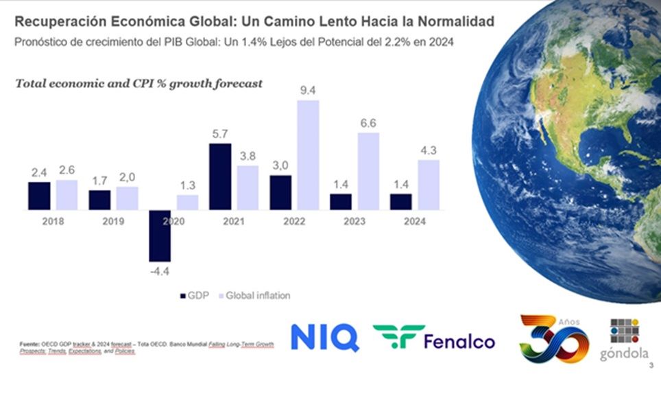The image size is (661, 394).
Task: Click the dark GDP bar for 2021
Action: click(220, 176)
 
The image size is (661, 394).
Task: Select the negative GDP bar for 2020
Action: click(160, 235)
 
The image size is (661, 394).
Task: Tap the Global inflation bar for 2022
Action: click(308, 155)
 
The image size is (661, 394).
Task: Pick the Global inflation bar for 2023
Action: click(368, 171)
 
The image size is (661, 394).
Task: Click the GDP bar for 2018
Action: click(39, 196)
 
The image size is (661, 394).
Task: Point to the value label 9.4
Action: click(308, 90)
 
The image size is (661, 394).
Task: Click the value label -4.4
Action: click(159, 271)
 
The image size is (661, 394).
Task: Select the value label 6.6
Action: click(368, 123)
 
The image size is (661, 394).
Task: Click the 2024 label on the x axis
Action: click(415, 221)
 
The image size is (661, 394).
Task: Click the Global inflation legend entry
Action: click(253, 295)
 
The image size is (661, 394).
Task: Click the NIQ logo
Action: click(324, 338)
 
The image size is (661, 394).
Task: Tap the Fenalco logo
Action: click(434, 338)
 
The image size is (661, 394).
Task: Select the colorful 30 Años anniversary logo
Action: click(553, 338)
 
